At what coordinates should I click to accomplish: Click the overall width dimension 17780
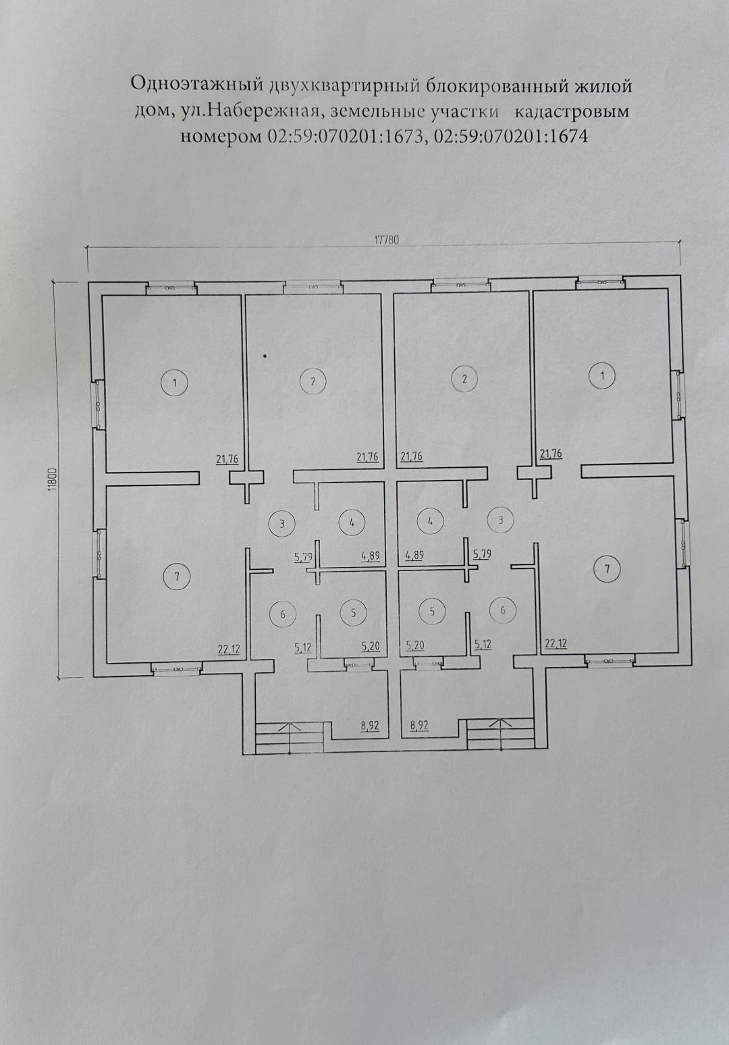pos(387,240)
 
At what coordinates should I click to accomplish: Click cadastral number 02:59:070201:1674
pos(510,136)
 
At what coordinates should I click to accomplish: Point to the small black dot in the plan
pos(265,356)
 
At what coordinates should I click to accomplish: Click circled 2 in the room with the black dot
pos(313,381)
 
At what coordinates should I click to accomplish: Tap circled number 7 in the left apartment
pos(177,577)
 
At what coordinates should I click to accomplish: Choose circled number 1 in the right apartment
pos(602,375)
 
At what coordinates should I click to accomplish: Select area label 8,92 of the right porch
pos(419,726)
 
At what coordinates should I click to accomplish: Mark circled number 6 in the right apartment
pos(503,610)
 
